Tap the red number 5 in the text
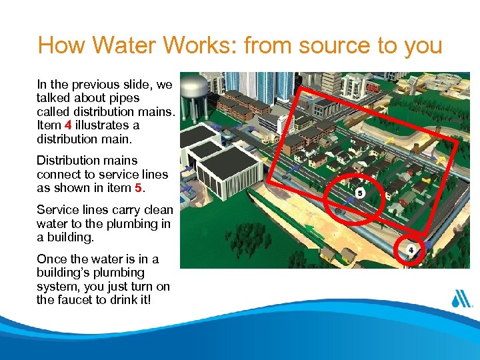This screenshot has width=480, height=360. click(138, 187)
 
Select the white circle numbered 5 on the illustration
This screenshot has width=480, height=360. click(360, 193)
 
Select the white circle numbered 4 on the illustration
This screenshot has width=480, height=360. click(411, 251)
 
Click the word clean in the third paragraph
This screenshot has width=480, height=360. click(158, 209)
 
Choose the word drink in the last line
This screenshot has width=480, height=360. click(128, 300)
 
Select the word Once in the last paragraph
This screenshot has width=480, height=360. click(51, 259)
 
